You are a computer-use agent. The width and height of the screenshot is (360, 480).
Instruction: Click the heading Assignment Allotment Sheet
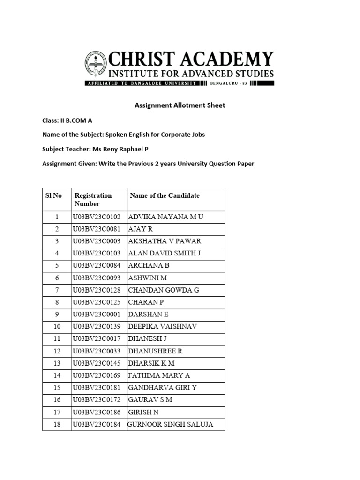180,105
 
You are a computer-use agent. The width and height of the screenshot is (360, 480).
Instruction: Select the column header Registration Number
93,200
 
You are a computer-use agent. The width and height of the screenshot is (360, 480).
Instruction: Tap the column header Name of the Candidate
165,195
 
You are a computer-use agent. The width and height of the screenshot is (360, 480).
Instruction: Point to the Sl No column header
54,195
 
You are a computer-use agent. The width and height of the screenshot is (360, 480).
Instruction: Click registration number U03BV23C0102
97,217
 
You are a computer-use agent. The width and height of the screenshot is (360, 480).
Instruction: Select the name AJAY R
141,229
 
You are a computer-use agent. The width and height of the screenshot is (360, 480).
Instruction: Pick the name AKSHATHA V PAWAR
165,241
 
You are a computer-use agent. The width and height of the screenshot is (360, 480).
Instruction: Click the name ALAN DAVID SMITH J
164,253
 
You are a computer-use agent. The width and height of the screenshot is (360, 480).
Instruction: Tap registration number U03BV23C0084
97,265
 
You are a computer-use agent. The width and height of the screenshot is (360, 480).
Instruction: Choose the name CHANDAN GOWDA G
164,290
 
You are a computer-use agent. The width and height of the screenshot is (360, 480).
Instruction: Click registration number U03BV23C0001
97,314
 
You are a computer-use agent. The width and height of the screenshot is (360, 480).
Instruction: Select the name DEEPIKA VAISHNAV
163,326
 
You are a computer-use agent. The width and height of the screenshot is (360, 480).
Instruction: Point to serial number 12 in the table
57,351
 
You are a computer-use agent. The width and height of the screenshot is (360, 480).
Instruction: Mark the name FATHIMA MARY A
159,375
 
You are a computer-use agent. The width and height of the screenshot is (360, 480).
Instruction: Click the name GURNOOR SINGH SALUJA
171,424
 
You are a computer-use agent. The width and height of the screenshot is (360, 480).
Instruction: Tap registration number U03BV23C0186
97,412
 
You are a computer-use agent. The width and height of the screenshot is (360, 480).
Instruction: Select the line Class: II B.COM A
67,120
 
